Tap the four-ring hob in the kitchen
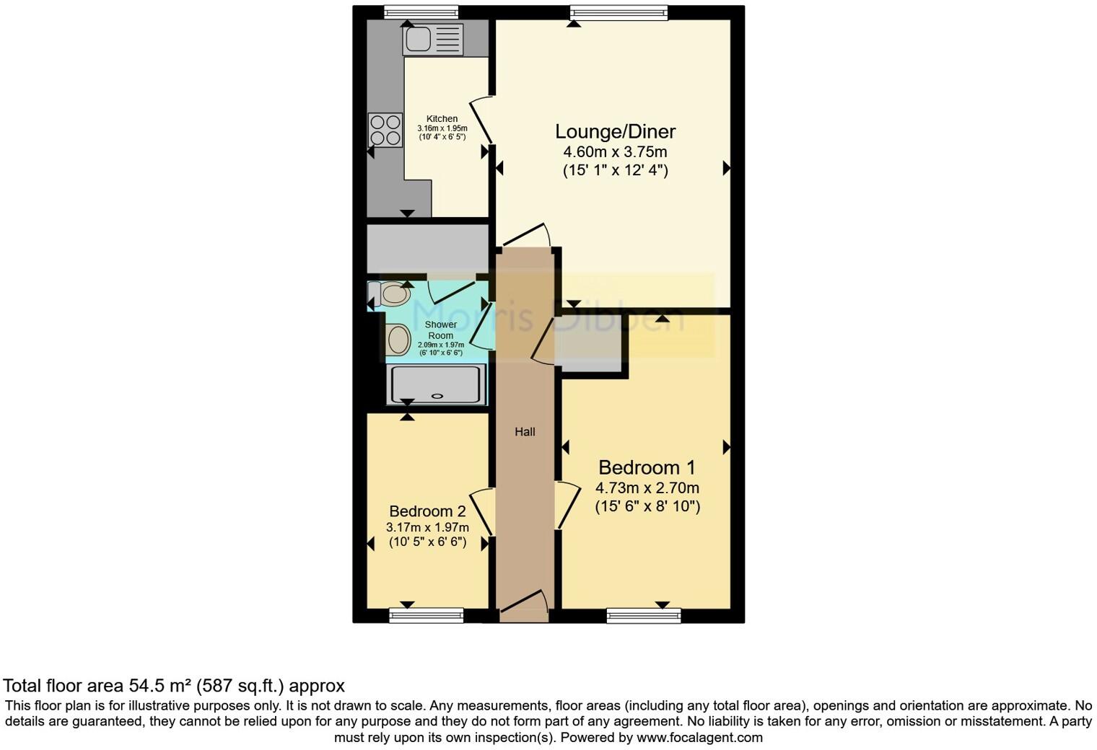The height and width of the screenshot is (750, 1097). (x=385, y=131)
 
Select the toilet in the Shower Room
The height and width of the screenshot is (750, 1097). (x=390, y=294)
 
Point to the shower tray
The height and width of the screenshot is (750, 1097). (x=436, y=384)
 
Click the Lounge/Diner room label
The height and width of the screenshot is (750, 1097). (x=615, y=131)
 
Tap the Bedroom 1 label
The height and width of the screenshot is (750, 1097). (x=647, y=467)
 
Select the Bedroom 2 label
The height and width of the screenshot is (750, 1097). (x=427, y=511)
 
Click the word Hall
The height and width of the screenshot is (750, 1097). (x=525, y=432)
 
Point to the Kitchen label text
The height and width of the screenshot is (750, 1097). (x=442, y=119)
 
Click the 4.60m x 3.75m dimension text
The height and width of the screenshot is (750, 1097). (x=615, y=152)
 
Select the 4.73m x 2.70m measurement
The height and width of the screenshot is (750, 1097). (x=647, y=488)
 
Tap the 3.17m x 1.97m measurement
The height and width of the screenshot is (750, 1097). (x=427, y=528)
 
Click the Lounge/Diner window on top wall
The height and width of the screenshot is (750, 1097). (x=619, y=12)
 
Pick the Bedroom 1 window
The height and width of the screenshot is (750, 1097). (x=644, y=615)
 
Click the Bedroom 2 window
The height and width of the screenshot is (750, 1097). (x=426, y=615)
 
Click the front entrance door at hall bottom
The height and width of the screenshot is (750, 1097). (x=524, y=610)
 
